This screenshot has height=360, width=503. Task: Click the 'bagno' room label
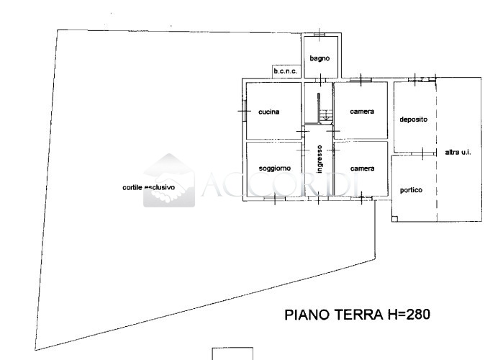320,59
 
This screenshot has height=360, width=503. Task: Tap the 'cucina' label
268,112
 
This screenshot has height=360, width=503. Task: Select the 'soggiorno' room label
275,168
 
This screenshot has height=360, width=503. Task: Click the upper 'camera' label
362,112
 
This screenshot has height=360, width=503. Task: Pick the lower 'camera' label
362,168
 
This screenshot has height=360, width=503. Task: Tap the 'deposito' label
414,120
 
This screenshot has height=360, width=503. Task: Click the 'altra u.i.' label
458,153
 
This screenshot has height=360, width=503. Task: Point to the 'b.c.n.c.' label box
286,71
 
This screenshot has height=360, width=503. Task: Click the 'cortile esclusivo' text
149,187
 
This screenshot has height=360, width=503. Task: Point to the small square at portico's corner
395,218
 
